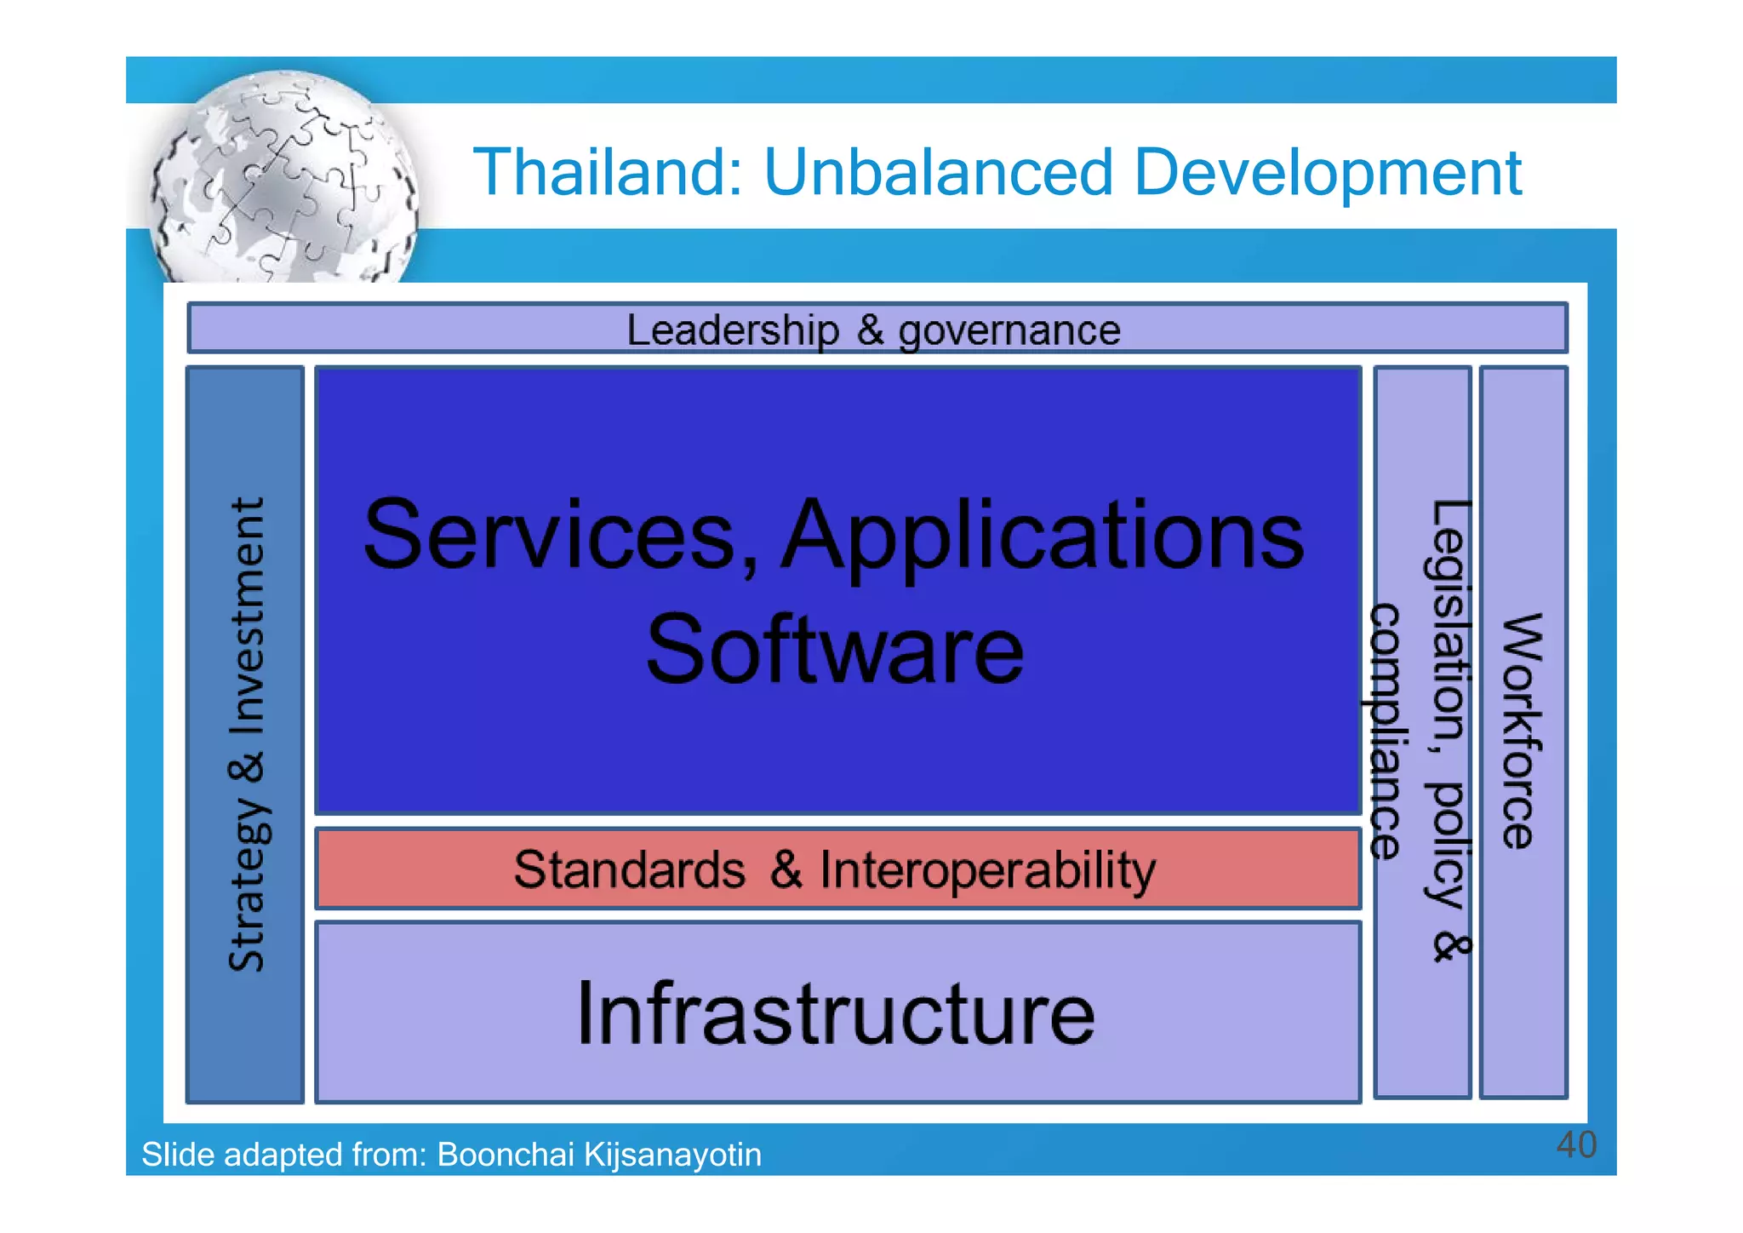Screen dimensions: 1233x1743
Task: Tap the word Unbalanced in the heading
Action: point(937,173)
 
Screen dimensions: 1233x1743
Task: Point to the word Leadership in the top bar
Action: point(733,330)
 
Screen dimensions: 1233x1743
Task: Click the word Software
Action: point(835,649)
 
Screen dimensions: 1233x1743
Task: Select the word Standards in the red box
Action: point(629,869)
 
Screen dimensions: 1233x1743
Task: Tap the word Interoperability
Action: point(987,871)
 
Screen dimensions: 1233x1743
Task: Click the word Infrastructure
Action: point(836,1012)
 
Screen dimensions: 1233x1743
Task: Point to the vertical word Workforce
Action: point(1522,731)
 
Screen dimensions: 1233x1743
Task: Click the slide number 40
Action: point(1575,1144)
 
